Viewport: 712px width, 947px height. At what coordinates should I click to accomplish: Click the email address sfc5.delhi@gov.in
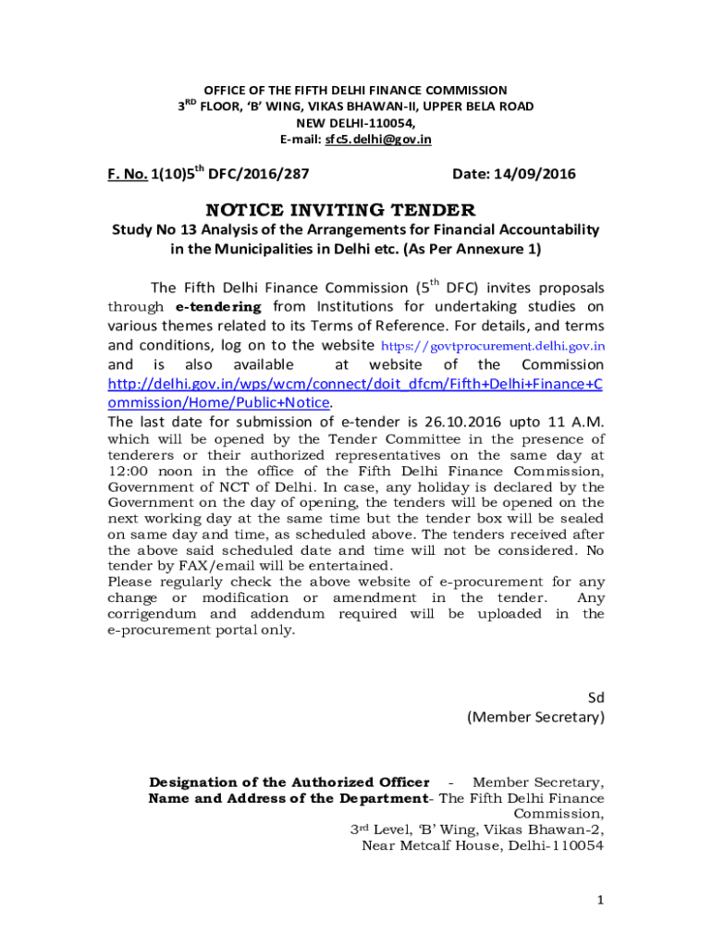pyautogui.click(x=377, y=140)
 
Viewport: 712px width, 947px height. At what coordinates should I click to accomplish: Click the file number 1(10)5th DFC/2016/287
pyautogui.click(x=230, y=174)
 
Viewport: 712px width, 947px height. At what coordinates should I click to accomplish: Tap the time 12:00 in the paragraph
pyautogui.click(x=128, y=471)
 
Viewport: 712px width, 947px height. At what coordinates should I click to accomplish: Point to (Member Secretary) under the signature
pyautogui.click(x=535, y=717)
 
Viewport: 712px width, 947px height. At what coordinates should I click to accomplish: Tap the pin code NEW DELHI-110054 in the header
pyautogui.click(x=355, y=123)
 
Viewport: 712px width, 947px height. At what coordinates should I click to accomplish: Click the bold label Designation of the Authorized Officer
pyautogui.click(x=288, y=782)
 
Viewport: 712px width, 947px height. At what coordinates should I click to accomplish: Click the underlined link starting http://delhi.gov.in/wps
pyautogui.click(x=355, y=384)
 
